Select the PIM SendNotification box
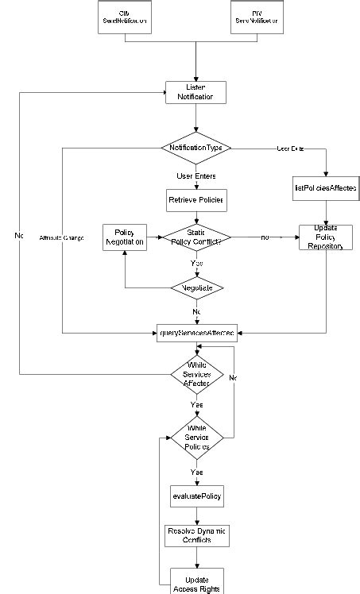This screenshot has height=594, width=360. click(257, 17)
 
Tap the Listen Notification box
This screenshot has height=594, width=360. click(195, 92)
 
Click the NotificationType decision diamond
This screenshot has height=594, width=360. click(195, 148)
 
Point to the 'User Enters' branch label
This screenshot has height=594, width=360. click(195, 175)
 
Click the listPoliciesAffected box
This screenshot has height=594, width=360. click(326, 188)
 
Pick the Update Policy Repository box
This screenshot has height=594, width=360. click(326, 237)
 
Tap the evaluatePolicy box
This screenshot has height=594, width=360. click(195, 496)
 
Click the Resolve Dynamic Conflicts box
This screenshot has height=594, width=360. click(195, 535)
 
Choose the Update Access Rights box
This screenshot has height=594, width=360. click(195, 581)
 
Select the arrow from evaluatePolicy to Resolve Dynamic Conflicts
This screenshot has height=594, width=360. click(195, 515)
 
